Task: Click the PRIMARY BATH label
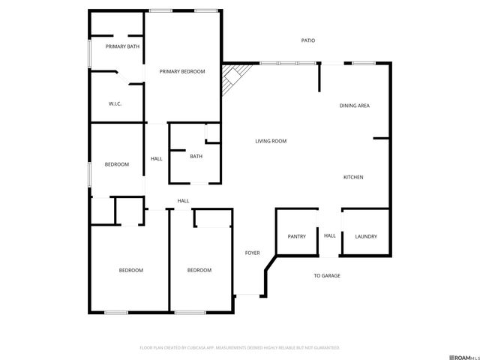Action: coord(122,46)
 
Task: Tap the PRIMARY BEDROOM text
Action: coord(182,71)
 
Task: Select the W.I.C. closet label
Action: coord(115,103)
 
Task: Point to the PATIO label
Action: coord(307,40)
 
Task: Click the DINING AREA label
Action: coord(354,106)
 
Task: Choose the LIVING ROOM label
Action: coord(271,141)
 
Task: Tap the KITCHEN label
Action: coord(353,177)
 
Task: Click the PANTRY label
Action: coord(297,236)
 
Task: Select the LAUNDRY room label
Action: coord(366,236)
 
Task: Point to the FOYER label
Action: coord(253,253)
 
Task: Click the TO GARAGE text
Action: coord(326,276)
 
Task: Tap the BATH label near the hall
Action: coord(196,156)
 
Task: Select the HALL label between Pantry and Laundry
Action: coord(330,235)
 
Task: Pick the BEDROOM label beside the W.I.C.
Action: coord(116,164)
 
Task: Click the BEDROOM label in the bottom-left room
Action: coord(130,270)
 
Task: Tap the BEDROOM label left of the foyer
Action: coord(199,270)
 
